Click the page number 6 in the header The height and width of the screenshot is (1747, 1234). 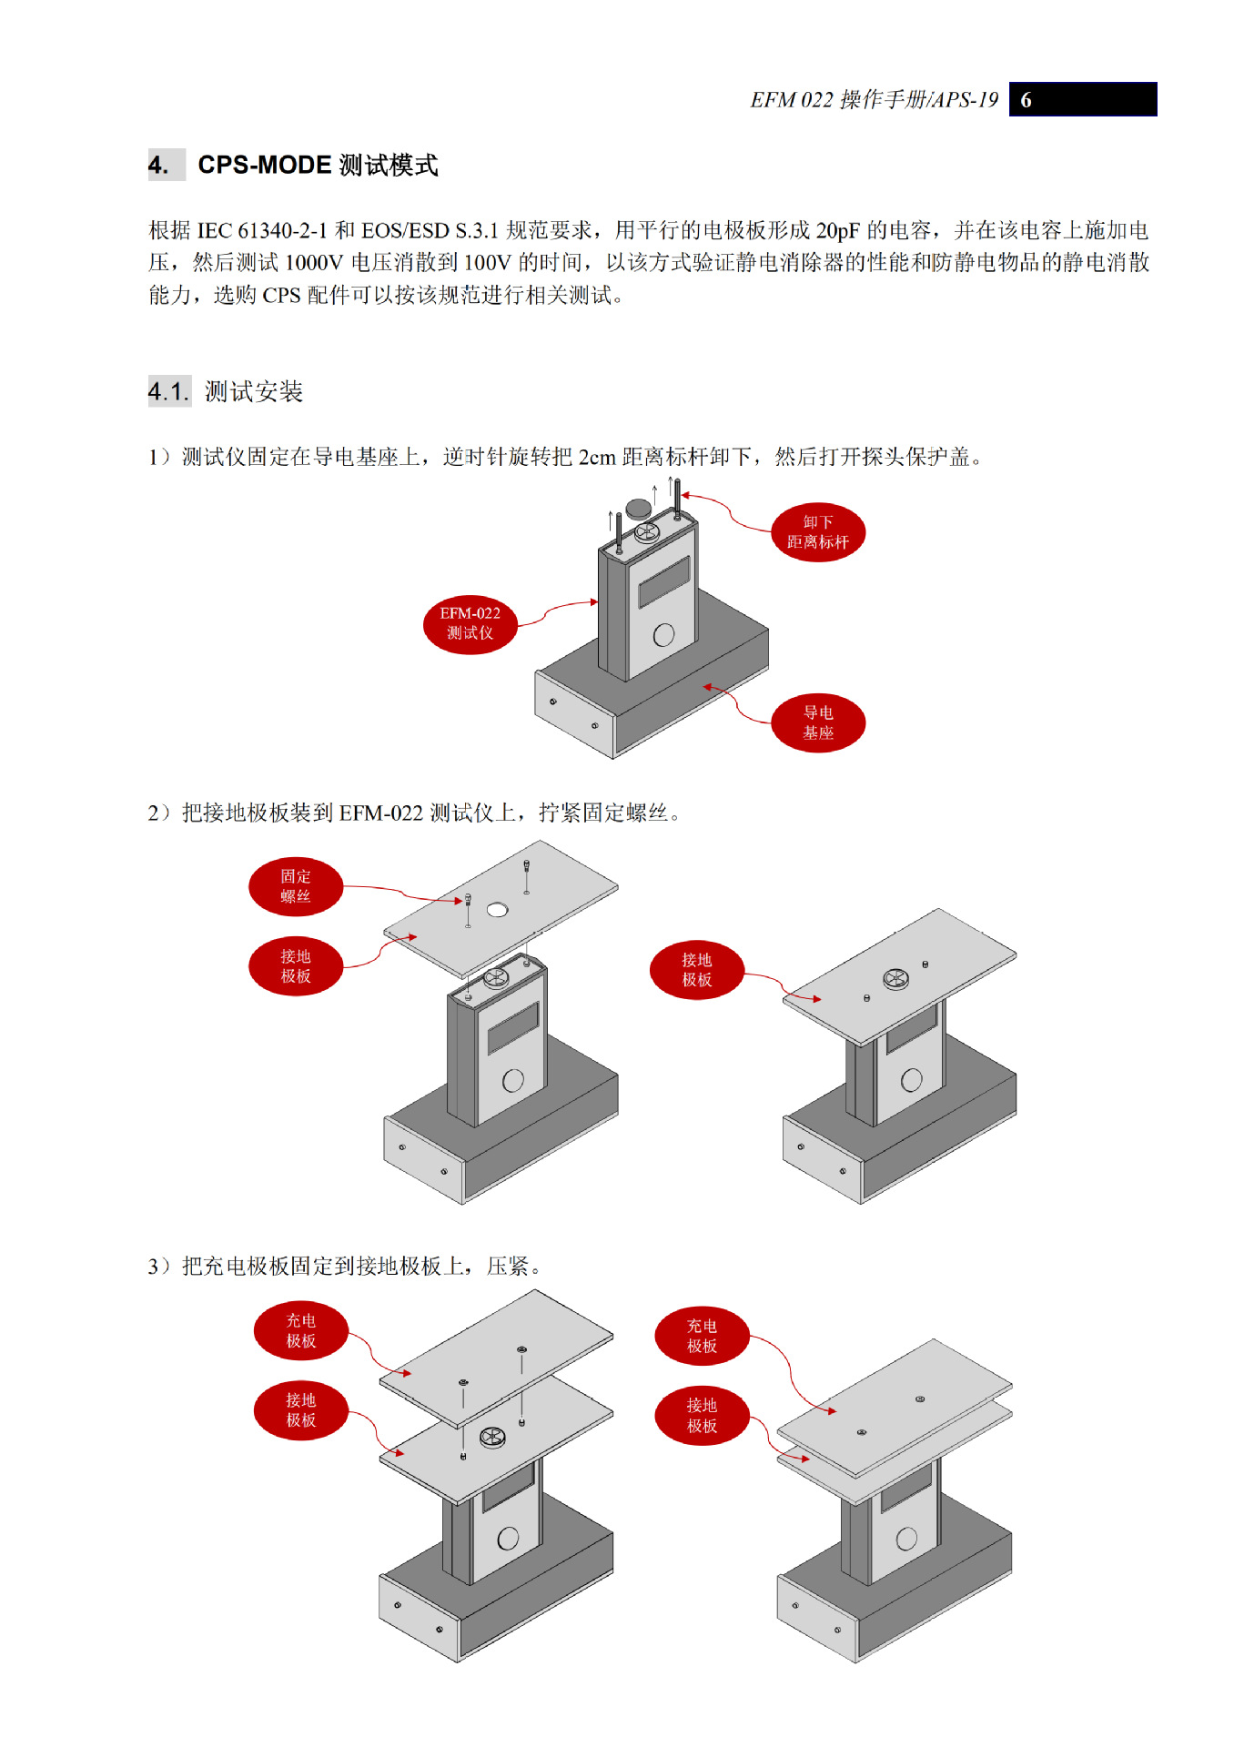tap(1026, 100)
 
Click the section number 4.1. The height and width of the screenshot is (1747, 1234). tap(168, 392)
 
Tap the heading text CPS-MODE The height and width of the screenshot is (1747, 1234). tap(264, 165)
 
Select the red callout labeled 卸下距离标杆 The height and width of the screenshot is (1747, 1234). tap(817, 532)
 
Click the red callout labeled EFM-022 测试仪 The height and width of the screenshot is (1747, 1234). tap(470, 623)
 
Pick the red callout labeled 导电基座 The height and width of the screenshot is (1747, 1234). tap(817, 722)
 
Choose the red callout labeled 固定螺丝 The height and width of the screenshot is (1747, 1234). tap(295, 886)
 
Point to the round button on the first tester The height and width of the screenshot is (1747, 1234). tap(663, 634)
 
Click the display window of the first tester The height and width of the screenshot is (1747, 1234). tap(664, 582)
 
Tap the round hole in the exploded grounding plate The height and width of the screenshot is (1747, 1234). tap(497, 909)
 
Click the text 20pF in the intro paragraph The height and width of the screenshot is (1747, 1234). tap(837, 230)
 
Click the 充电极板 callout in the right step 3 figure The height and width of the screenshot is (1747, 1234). tap(701, 1336)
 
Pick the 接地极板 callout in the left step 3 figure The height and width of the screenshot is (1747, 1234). tap(300, 1410)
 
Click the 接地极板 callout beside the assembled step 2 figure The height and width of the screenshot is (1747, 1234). tap(696, 970)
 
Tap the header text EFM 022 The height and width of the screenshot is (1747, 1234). tap(791, 100)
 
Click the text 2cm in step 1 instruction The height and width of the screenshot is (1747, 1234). tap(597, 457)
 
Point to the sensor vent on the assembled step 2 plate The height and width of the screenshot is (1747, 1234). tap(895, 979)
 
